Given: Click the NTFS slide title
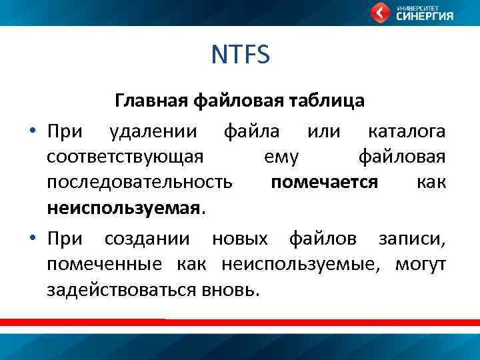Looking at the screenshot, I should tap(240, 55).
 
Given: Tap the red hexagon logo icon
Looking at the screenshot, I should tap(381, 13).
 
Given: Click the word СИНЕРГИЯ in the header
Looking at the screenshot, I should tap(425, 17).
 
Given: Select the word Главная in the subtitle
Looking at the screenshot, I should tap(152, 101).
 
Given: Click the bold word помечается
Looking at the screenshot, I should tap(324, 182).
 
